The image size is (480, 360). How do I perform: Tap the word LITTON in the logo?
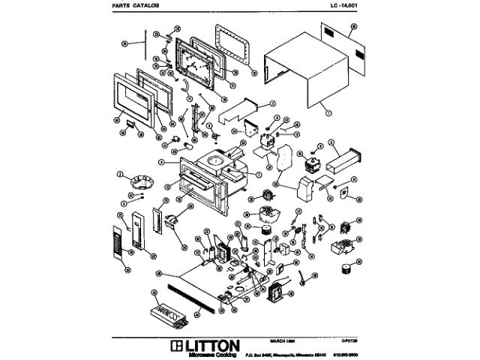(x=212, y=345)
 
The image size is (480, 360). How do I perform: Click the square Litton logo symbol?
(x=178, y=345)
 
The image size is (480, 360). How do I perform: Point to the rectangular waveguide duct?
(x=347, y=160)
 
